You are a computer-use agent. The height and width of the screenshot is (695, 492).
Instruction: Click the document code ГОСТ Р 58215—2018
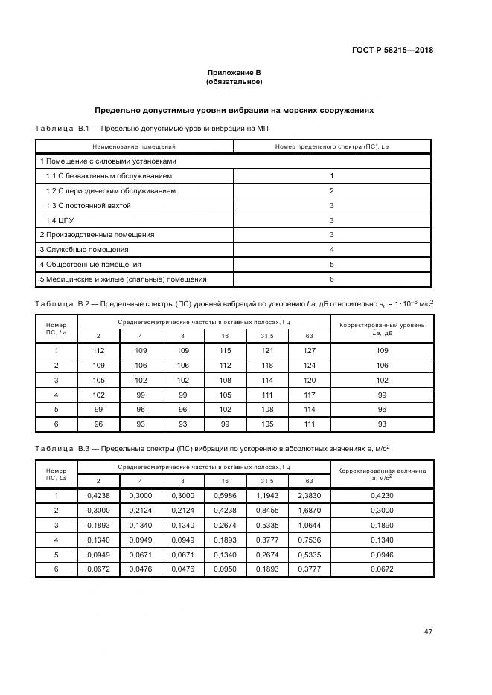(392, 51)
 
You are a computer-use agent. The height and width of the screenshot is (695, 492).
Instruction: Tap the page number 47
(428, 632)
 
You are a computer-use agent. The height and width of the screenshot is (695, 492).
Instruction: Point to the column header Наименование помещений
(134, 146)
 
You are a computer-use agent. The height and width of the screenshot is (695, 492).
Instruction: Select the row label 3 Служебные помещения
(84, 250)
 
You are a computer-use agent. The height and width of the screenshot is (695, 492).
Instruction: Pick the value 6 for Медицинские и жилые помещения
(331, 279)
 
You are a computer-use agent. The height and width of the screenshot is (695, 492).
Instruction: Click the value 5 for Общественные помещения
(331, 265)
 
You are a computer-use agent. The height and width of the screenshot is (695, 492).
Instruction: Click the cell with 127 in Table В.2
(310, 350)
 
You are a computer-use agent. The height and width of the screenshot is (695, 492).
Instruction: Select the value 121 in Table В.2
(267, 350)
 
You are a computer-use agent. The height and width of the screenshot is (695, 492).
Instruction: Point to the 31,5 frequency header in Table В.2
(267, 336)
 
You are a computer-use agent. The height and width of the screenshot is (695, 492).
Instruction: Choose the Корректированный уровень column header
(382, 329)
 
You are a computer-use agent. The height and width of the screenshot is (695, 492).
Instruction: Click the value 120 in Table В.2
(310, 380)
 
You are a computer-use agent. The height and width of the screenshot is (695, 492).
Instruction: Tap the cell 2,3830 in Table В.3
(310, 496)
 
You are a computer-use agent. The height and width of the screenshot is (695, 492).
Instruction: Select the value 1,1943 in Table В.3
(267, 496)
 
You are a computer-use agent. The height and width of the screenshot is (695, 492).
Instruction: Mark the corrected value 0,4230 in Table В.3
(382, 496)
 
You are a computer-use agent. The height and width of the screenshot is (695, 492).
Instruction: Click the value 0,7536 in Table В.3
(310, 540)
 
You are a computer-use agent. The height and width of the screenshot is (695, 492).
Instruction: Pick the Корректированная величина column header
(382, 474)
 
